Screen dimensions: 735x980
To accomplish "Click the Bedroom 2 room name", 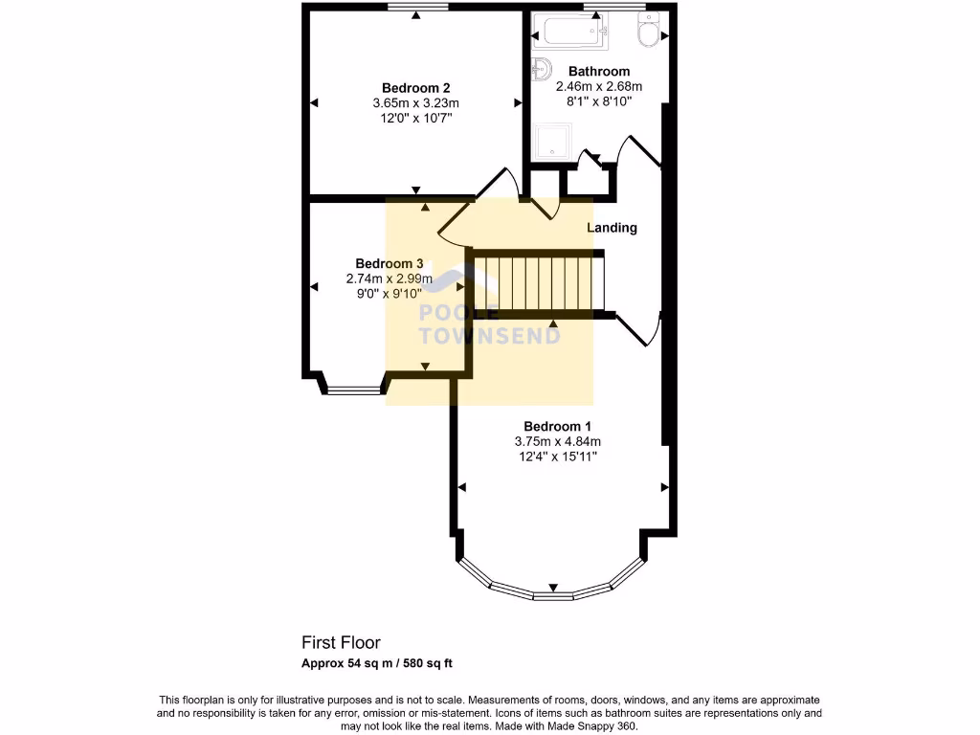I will coord(416,87).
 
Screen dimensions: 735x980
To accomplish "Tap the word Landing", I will coord(612,228).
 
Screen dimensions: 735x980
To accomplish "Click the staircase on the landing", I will coord(541,283).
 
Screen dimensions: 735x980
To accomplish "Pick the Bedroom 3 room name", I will coord(390,263).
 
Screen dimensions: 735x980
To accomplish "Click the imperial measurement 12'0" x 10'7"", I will coord(416,118).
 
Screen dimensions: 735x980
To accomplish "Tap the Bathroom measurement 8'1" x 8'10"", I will coord(599,101).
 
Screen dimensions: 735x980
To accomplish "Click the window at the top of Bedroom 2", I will coord(418,8).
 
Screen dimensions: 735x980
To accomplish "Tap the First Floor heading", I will coord(342,643).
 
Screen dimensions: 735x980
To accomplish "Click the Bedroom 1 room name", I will coord(557,426).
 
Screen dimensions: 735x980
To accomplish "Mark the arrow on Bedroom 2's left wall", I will coord(313,102).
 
